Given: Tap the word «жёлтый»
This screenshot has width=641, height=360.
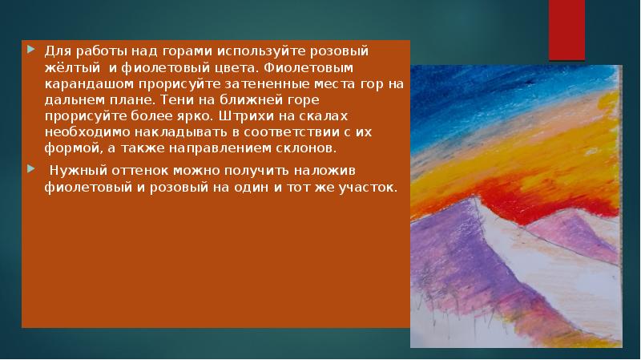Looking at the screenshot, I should (71, 67).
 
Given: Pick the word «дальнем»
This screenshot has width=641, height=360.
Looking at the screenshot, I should (71, 100).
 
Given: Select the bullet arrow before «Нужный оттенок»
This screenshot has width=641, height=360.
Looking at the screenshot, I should (30, 169).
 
